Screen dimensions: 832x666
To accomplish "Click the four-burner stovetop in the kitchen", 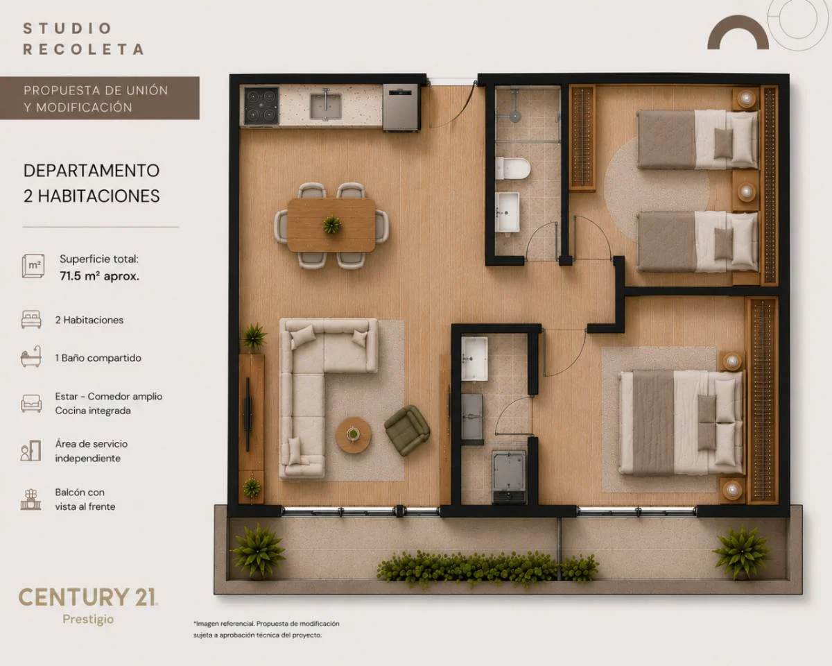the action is [261, 105].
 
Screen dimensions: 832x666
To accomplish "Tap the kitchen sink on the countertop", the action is [326, 105].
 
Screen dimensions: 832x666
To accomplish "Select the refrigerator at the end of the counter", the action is [401, 108].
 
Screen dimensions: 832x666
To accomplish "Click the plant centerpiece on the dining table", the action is [331, 225].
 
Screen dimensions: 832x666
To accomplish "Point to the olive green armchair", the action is [407, 430].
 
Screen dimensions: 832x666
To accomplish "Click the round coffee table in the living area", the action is [353, 434].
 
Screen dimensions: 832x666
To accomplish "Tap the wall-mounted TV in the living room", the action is [248, 414].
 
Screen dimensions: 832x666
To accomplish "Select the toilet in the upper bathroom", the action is [512, 169].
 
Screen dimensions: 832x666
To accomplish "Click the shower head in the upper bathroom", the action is [515, 116].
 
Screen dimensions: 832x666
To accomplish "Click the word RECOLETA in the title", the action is [83, 49].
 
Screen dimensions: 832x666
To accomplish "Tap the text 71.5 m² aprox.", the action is [99, 276].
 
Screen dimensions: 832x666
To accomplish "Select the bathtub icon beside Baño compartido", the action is [31, 357].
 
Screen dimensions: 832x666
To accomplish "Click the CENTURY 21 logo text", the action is [88, 597].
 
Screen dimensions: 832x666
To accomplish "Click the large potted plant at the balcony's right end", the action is [741, 552].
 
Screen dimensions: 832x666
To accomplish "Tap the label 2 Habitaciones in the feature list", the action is [89, 320].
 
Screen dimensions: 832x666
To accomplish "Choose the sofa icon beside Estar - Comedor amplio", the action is [31, 403].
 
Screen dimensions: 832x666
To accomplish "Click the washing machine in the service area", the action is [509, 477].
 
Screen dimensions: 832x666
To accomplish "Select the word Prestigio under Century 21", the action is [88, 620].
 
